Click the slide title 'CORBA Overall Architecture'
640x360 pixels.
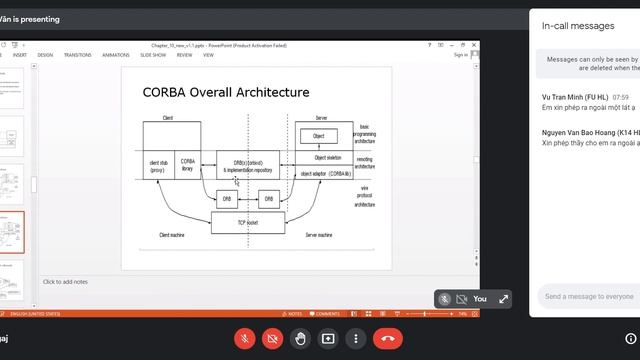pos(226,92)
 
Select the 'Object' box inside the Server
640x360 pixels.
pos(318,135)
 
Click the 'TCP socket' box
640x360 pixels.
pos(250,222)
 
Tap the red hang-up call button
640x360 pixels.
pos(388,339)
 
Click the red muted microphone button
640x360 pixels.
pos(243,339)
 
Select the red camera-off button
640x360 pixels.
pos(271,339)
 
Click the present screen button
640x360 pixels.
pos(328,339)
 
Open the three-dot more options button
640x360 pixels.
pos(356,339)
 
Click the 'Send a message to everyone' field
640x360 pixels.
pos(590,296)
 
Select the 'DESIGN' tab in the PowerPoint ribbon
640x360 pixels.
pos(45,55)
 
